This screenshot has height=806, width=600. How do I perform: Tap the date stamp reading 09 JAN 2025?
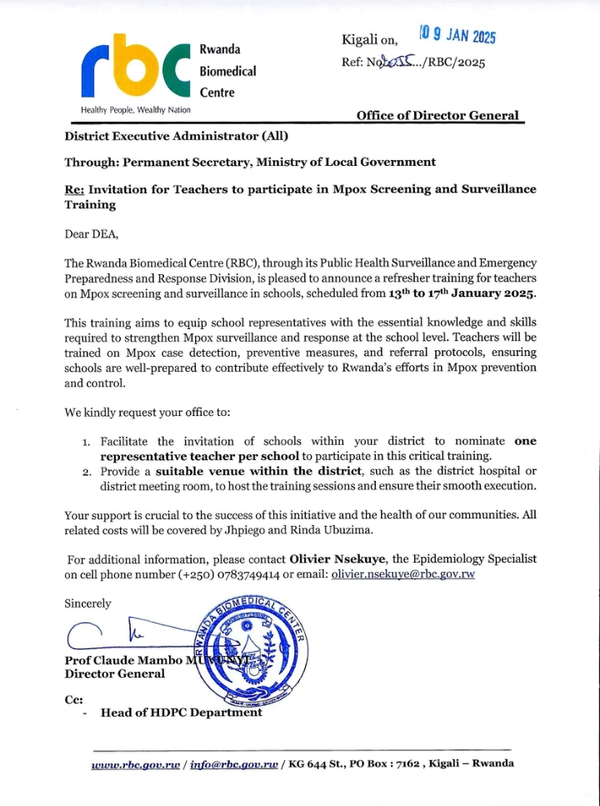click(x=457, y=35)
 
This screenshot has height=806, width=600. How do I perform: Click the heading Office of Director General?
click(x=437, y=116)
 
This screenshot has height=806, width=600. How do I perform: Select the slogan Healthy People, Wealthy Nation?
click(x=136, y=110)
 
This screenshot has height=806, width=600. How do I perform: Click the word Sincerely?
click(x=87, y=603)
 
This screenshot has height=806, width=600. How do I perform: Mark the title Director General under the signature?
click(x=115, y=673)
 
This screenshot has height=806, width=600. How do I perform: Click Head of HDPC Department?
click(x=181, y=712)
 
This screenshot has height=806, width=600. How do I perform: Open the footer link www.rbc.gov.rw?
click(x=136, y=763)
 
